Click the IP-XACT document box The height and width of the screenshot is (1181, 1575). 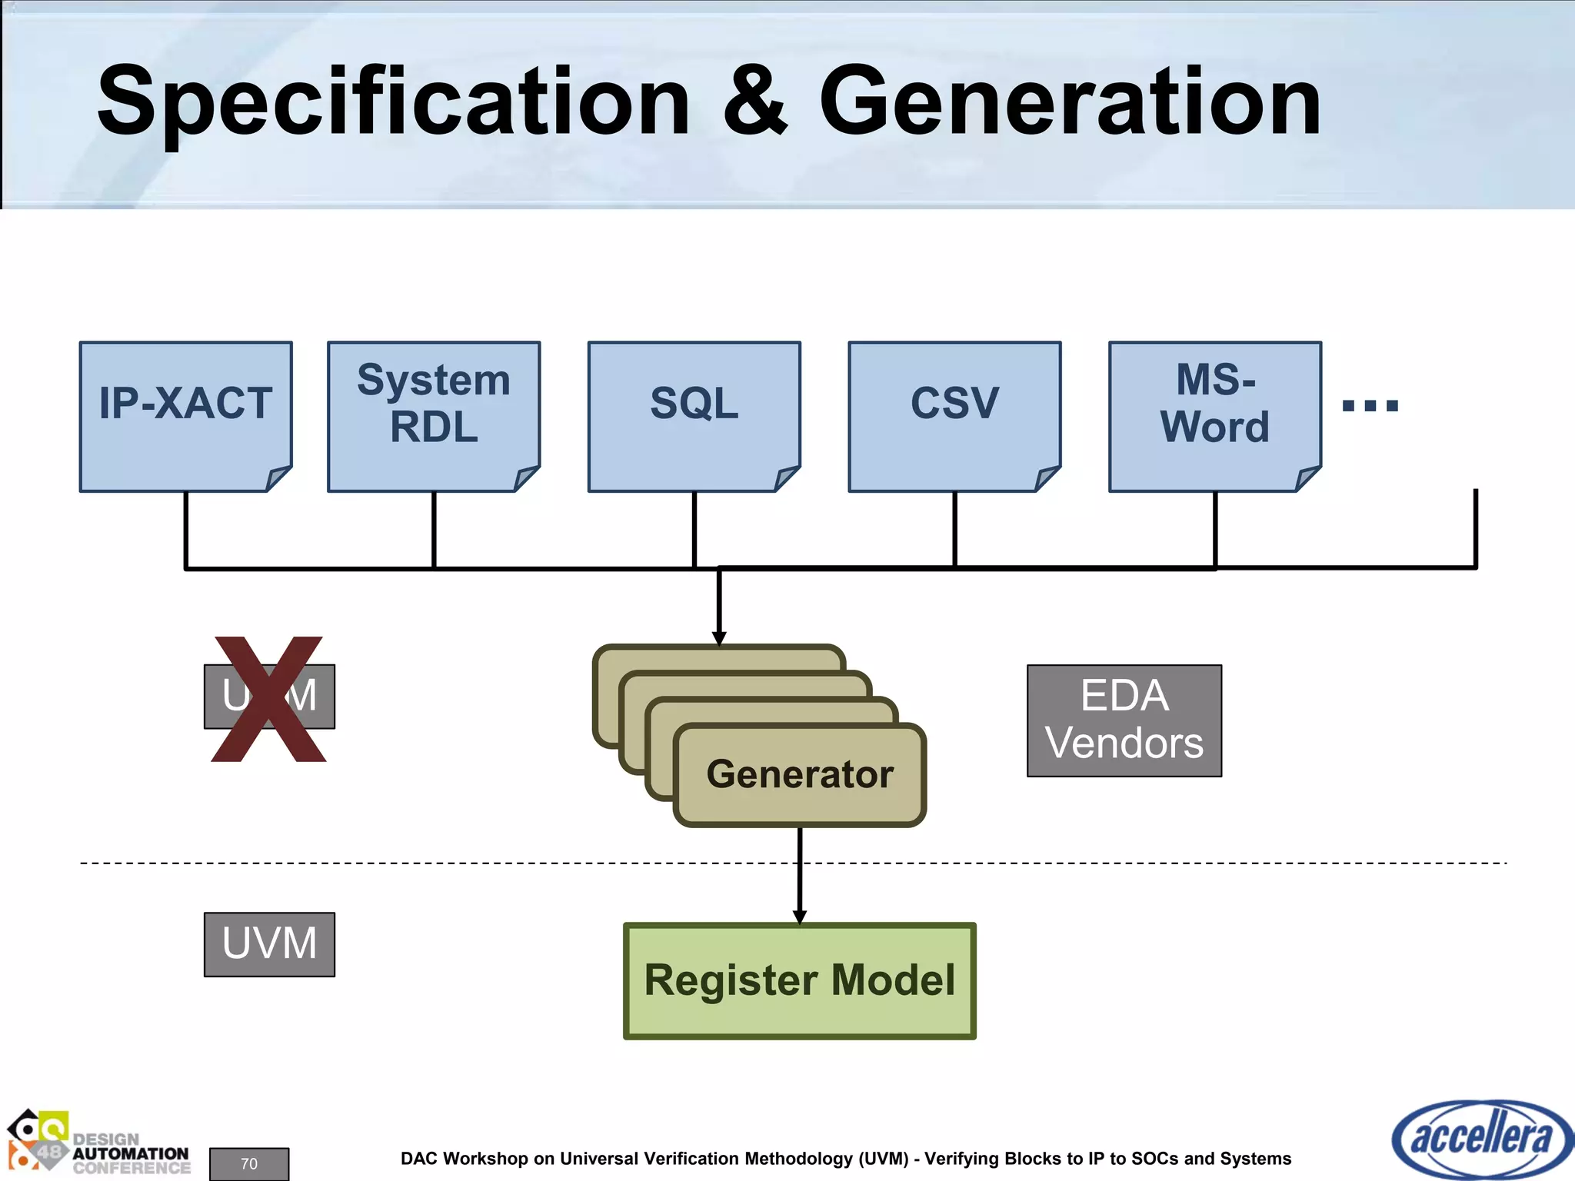(x=185, y=415)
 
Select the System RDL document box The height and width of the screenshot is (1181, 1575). (x=434, y=415)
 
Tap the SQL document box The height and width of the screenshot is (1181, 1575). (x=694, y=415)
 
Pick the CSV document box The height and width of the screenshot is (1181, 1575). (x=954, y=415)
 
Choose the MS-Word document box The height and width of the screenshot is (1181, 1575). (x=1214, y=415)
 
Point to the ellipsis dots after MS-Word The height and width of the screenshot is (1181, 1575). (x=1370, y=405)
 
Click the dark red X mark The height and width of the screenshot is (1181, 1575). (x=268, y=699)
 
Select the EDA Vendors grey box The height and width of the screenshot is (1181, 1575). (x=1124, y=720)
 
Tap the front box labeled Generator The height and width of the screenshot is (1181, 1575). (x=800, y=774)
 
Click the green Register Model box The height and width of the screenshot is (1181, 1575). (x=799, y=980)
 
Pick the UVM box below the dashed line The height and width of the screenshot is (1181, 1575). (x=269, y=944)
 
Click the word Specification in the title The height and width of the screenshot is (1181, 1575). (x=393, y=101)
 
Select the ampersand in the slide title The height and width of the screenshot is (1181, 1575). (x=755, y=101)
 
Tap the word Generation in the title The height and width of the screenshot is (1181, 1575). (x=1069, y=101)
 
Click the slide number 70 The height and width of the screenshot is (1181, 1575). (x=249, y=1163)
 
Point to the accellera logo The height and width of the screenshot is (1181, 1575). (x=1481, y=1138)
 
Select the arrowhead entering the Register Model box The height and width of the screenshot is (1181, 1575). (x=800, y=917)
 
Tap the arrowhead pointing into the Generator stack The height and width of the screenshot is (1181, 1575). (x=719, y=638)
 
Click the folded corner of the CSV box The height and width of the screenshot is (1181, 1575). (x=1047, y=478)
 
